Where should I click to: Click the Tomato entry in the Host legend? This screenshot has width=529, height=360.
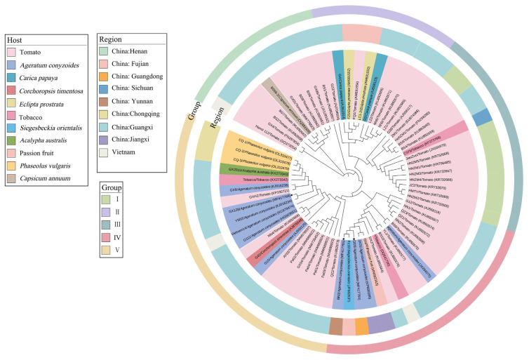(x=28, y=51)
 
